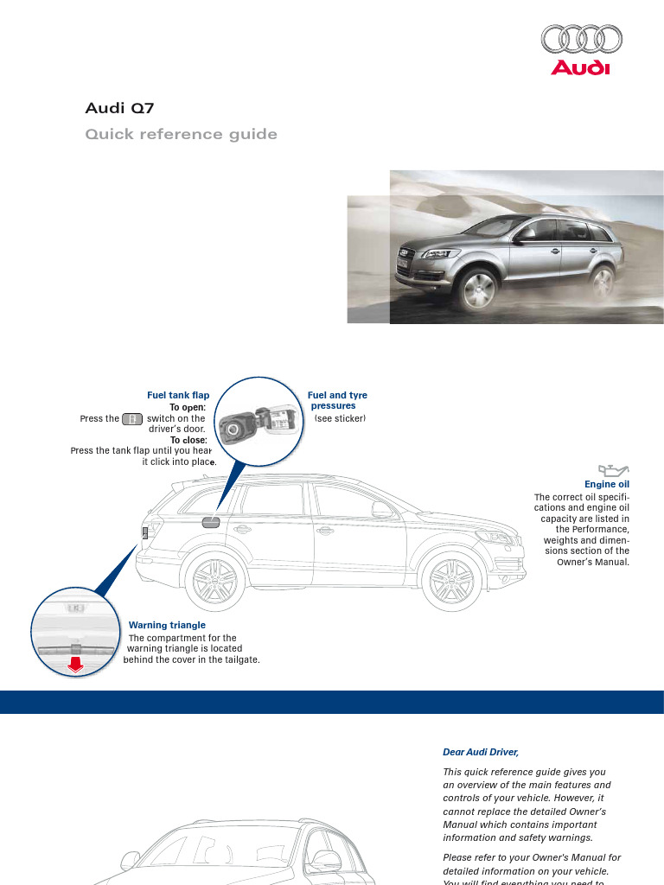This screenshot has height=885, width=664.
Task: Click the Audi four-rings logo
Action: click(581, 40)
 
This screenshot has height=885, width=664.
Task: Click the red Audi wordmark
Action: click(581, 68)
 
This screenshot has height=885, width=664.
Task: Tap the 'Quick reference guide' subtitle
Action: click(181, 134)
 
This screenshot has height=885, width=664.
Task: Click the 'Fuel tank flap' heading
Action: click(178, 395)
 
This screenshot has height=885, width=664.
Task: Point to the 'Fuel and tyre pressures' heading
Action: click(337, 400)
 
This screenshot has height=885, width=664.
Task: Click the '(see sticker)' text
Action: click(340, 418)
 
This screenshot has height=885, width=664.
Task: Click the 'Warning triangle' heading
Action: click(167, 624)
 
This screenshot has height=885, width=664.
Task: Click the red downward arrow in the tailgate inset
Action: click(75, 664)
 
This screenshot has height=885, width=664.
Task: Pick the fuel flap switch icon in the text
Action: click(131, 419)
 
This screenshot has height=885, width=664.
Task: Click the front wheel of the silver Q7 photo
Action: click(479, 290)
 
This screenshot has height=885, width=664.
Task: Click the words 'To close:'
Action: click(188, 440)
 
